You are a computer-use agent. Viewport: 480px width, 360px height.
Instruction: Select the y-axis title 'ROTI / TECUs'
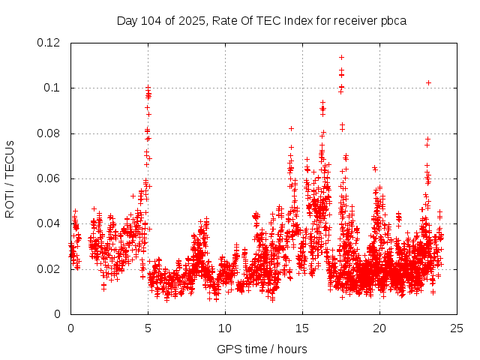10,178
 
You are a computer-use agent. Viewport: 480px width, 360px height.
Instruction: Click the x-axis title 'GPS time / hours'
262,349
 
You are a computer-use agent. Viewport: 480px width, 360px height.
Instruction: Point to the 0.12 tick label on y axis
49,43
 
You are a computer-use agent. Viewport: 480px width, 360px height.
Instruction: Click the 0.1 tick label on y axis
54,88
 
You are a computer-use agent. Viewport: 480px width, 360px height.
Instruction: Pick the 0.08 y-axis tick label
49,133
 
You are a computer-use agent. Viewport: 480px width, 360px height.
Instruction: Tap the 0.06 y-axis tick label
49,178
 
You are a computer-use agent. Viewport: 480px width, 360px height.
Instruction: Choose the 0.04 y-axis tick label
49,223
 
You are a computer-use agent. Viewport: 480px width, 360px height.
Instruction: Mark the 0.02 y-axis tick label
49,268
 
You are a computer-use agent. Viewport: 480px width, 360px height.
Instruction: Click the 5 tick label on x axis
148,328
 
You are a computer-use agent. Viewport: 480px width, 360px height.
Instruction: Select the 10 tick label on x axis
225,328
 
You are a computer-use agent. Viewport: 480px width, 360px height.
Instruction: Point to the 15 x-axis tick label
302,328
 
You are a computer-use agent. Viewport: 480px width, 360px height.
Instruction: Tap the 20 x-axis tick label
379,328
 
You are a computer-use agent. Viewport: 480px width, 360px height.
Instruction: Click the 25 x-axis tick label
457,328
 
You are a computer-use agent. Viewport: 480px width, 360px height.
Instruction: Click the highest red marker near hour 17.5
341,57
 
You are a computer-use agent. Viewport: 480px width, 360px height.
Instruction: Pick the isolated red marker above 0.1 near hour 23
428,82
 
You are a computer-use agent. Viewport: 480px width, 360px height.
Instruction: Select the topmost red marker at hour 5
148,88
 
